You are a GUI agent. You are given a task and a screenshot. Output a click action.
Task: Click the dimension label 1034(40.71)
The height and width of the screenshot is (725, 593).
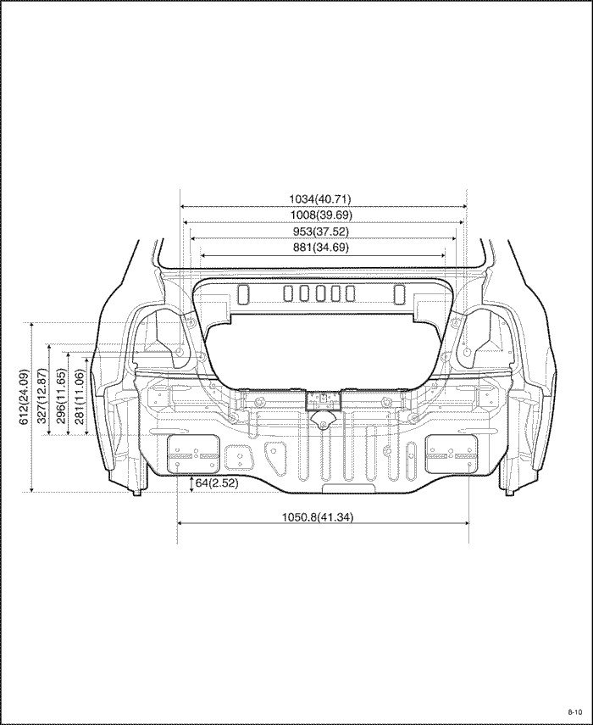(320, 198)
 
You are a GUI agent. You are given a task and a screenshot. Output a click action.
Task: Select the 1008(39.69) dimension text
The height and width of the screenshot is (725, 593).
(321, 215)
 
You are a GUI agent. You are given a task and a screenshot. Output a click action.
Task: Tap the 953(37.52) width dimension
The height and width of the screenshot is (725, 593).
(321, 231)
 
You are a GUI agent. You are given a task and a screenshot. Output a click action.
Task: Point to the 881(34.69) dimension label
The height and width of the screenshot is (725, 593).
(321, 247)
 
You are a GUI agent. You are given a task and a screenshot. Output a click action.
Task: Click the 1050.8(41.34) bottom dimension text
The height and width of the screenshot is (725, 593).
(318, 517)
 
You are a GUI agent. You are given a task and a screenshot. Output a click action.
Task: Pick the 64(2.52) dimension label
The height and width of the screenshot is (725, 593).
(217, 483)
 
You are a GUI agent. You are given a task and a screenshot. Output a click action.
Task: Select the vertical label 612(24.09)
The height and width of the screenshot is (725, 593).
(24, 397)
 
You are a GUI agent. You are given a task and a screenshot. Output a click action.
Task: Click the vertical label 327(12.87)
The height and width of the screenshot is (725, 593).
(42, 396)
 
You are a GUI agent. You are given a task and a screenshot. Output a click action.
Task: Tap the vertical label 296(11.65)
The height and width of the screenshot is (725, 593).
(61, 396)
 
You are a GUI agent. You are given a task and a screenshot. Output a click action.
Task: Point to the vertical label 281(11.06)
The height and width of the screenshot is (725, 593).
(80, 396)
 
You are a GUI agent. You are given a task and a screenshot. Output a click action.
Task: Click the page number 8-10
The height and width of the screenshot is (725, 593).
(575, 711)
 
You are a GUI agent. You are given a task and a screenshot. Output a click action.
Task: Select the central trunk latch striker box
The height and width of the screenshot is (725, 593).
(323, 400)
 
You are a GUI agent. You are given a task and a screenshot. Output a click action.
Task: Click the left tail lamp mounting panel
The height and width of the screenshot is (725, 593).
(192, 454)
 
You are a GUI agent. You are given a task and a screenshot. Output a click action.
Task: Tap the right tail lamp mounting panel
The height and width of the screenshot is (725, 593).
(452, 454)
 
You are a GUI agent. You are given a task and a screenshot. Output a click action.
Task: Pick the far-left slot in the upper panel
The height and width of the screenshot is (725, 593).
(243, 294)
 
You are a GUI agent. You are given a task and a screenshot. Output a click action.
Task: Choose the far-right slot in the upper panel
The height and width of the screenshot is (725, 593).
(400, 294)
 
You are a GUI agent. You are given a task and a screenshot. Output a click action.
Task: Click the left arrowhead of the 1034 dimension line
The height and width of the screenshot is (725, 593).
(182, 207)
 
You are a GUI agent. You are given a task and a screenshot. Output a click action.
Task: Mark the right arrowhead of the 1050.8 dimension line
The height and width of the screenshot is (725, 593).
(467, 523)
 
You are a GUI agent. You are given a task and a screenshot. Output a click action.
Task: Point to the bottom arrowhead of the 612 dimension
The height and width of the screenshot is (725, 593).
(31, 489)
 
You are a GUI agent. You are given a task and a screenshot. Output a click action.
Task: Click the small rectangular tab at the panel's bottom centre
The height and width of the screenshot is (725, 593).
(349, 489)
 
